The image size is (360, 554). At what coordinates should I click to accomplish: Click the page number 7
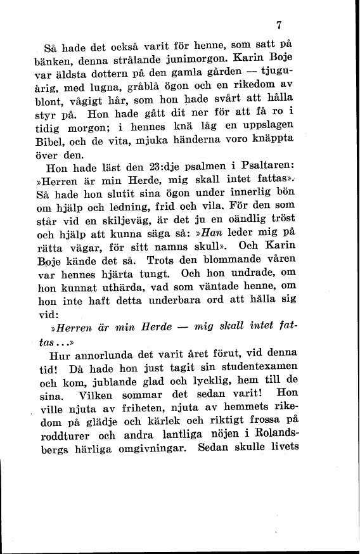279,26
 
